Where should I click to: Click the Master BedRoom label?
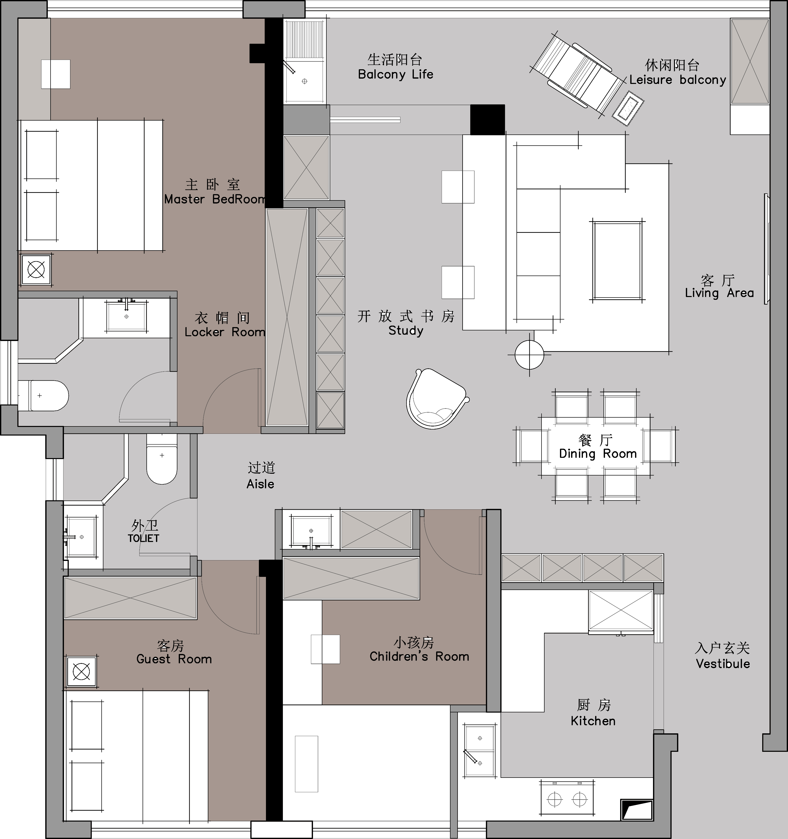215,199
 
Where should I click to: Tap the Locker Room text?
225,332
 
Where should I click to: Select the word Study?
406,330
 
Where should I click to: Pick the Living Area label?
719,293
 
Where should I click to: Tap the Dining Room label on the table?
598,454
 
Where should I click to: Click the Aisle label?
260,484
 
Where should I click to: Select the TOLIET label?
144,538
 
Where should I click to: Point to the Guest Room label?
174,659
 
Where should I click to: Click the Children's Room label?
419,657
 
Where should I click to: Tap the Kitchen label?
593,721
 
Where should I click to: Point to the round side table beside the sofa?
529,354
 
